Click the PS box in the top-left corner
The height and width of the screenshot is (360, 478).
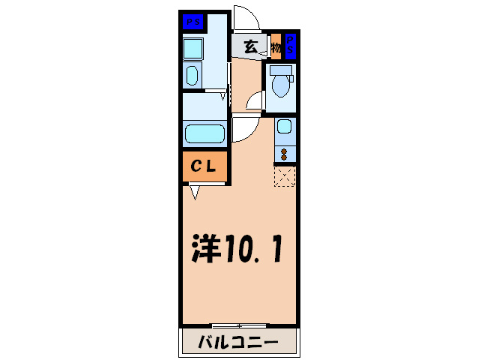(x=191, y=21)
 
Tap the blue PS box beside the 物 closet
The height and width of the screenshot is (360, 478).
(x=290, y=45)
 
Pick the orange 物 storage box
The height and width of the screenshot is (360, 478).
(x=275, y=46)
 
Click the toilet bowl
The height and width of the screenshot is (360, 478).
(x=281, y=85)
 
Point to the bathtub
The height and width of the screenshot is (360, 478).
(x=205, y=135)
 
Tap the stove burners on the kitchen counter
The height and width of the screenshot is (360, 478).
(x=285, y=153)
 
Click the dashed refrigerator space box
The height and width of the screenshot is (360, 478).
(x=285, y=176)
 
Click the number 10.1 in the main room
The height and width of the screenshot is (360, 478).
(x=255, y=250)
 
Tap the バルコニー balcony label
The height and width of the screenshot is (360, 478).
(x=238, y=343)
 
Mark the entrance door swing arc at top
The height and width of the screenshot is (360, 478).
(x=244, y=17)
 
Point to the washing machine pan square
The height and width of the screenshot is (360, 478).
(x=193, y=49)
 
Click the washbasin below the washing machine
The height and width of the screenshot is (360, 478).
(x=192, y=76)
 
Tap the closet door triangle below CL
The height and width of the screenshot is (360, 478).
(x=195, y=192)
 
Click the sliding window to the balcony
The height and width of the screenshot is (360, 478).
(x=238, y=325)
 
